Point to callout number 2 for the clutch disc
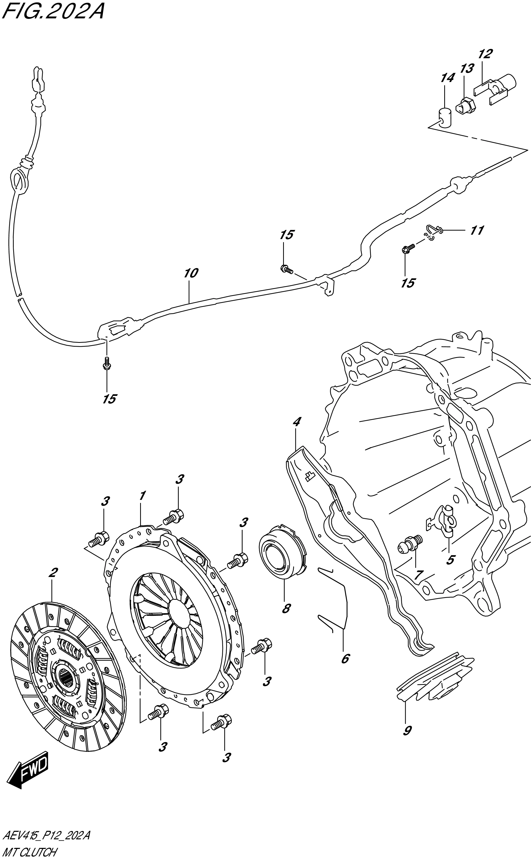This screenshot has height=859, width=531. (53, 573)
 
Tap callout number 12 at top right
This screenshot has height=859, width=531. (485, 54)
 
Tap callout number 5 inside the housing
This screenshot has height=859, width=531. (450, 560)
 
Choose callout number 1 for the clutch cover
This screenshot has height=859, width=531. (142, 496)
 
